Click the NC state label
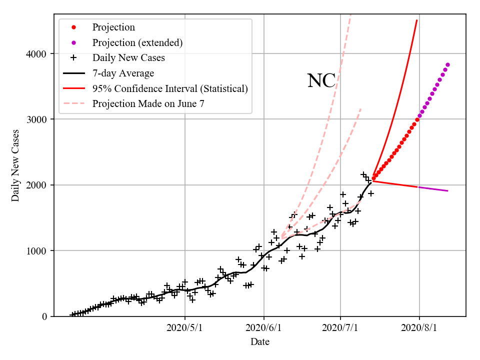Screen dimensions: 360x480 pos(321,81)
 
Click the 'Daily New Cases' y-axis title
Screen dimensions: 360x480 pos(15,165)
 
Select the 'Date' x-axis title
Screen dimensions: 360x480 pos(260,342)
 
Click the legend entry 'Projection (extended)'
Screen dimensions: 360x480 pos(137,43)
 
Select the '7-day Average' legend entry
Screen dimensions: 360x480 pos(123,73)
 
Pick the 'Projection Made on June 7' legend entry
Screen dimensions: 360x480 pos(148,104)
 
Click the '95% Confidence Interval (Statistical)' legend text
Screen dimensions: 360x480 pos(170,89)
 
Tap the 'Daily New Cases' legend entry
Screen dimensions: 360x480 pos(128,58)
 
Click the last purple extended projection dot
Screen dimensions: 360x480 pos(447,64)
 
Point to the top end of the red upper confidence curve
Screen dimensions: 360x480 pos(417,20)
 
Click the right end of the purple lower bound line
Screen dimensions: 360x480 pos(447,191)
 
